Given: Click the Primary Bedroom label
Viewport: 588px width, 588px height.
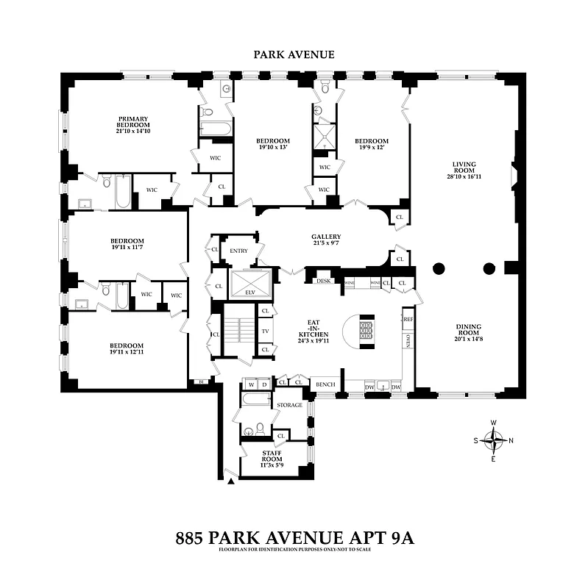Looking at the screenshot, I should (134, 125).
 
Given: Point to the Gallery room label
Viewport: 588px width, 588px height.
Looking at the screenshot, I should (325, 241).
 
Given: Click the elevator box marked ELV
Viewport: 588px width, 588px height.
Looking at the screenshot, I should (251, 284).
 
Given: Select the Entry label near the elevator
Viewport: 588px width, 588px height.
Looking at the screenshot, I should (238, 251).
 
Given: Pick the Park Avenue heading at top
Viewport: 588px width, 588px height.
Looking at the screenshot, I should (294, 54).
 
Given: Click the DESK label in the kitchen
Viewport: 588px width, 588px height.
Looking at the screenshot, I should (322, 281).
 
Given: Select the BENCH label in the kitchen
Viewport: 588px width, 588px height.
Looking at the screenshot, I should (325, 384).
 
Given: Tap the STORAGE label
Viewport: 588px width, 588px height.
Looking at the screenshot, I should (288, 405).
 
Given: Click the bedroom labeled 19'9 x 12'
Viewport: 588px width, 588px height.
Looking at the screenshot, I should (371, 146).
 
